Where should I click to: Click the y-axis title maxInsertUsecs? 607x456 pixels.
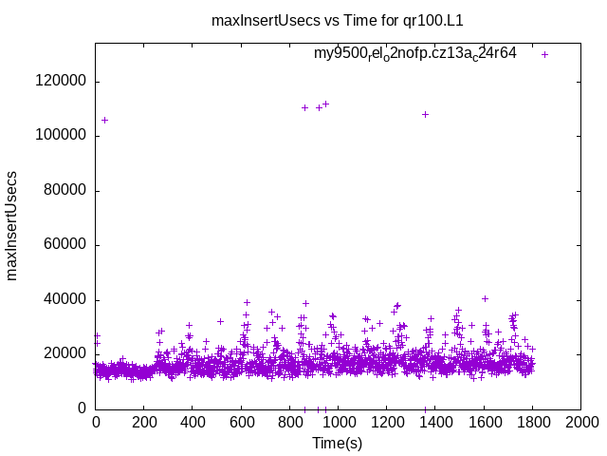coord(13,226)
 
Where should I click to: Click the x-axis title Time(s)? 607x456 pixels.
coord(338,443)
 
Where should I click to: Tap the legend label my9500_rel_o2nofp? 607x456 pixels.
coord(415,54)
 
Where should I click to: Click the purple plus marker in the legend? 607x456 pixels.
coord(545,54)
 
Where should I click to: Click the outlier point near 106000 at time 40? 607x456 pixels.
coord(104,120)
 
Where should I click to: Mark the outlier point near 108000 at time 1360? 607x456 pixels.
coord(426,114)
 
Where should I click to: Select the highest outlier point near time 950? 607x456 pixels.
coord(325,104)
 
